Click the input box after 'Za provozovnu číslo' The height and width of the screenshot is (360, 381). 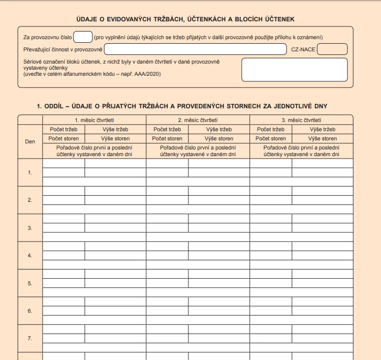[83, 37]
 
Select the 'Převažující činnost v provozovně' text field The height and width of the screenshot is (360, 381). [196, 49]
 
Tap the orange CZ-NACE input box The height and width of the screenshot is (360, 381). [332, 49]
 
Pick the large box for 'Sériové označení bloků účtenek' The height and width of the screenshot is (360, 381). [294, 70]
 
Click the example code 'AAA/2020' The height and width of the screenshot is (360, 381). [149, 74]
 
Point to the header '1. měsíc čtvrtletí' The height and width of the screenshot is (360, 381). [94, 120]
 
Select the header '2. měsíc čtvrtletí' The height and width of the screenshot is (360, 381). [198, 120]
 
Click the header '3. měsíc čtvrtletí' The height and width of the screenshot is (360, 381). [301, 120]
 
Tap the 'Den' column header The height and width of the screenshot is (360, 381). [30, 141]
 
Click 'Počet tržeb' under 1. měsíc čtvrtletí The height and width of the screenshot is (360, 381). [63, 129]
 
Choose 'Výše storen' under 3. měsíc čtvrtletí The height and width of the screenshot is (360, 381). [322, 138]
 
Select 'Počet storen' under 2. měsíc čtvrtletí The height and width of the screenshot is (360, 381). [167, 138]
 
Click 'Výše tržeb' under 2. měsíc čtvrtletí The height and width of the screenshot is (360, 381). [219, 129]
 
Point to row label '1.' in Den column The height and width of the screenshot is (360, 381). [30, 172]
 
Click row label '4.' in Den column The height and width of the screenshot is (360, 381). [30, 255]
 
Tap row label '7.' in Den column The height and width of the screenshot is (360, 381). [30, 338]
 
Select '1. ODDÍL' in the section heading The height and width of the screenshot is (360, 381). [52, 106]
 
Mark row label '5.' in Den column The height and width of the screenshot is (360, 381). [30, 283]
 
